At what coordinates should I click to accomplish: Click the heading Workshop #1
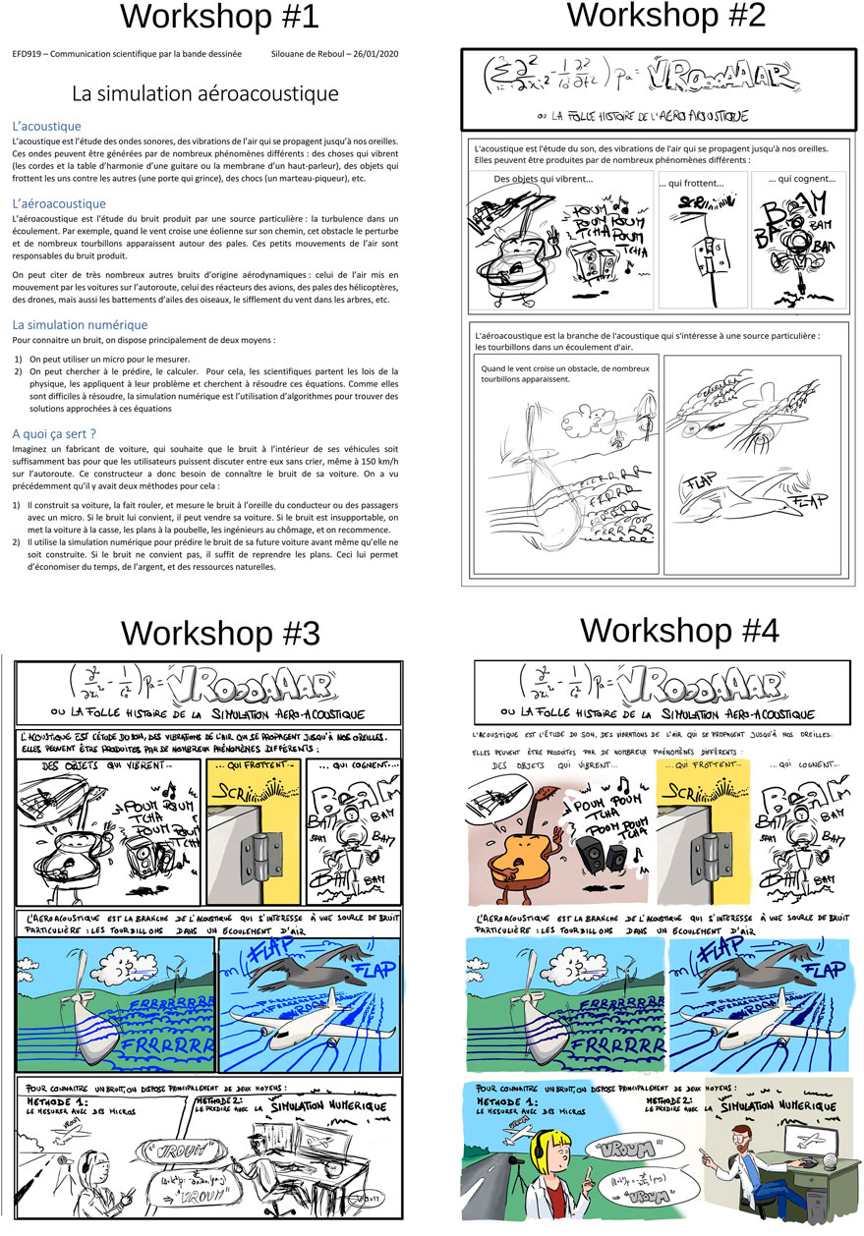203,19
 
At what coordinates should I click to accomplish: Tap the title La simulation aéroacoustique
205,93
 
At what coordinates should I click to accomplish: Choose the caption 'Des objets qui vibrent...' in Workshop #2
543,180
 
